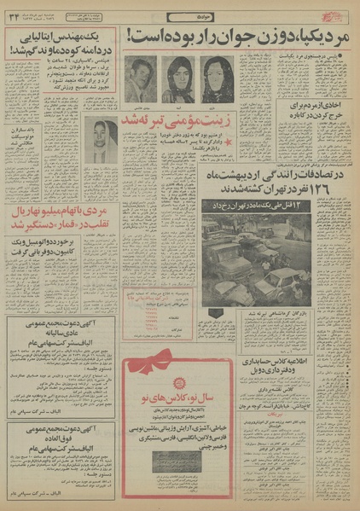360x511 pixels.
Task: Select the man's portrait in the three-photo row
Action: [137, 80]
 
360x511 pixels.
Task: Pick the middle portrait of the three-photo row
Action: [177, 80]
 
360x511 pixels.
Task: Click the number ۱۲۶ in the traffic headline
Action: [270, 188]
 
